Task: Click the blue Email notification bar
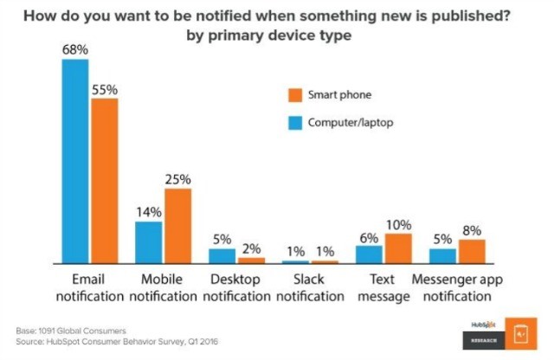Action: (74, 161)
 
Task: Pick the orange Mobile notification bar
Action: (178, 225)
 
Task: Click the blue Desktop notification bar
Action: (222, 255)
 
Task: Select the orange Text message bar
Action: (399, 247)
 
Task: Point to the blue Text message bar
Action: (370, 254)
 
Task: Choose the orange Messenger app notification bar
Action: (472, 251)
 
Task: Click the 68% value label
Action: (75, 50)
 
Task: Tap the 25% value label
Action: (178, 179)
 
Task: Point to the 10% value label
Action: (399, 224)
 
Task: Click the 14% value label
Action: (149, 212)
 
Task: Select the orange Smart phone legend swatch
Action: (295, 94)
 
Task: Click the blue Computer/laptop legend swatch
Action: (295, 122)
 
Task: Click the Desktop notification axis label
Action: (235, 288)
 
